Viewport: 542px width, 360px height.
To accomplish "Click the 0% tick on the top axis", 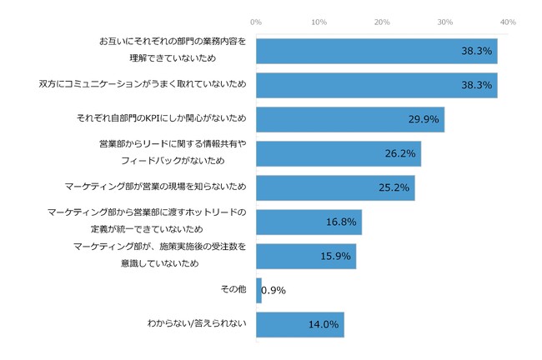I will (256, 21).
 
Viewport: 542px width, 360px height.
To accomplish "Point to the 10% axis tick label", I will (319, 21).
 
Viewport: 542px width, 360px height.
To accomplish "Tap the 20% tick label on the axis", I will (382, 21).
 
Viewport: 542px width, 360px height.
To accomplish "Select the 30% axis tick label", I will (445, 21).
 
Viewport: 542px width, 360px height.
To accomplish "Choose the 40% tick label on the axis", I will (508, 21).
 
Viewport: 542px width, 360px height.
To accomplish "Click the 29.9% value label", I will (424, 119).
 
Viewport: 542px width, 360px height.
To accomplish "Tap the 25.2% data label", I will (394, 187).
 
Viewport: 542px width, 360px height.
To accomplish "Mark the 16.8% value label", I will (341, 222).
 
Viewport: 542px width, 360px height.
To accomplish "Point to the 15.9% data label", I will (336, 256).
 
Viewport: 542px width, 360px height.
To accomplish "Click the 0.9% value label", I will (274, 290).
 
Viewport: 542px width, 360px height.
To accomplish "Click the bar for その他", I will (258, 290).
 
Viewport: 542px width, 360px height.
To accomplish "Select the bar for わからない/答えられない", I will (300, 324).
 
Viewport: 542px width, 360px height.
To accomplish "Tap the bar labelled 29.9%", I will (350, 119).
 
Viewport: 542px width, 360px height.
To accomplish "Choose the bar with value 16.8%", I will (309, 222).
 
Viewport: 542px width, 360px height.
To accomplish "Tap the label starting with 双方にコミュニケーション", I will (143, 85).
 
